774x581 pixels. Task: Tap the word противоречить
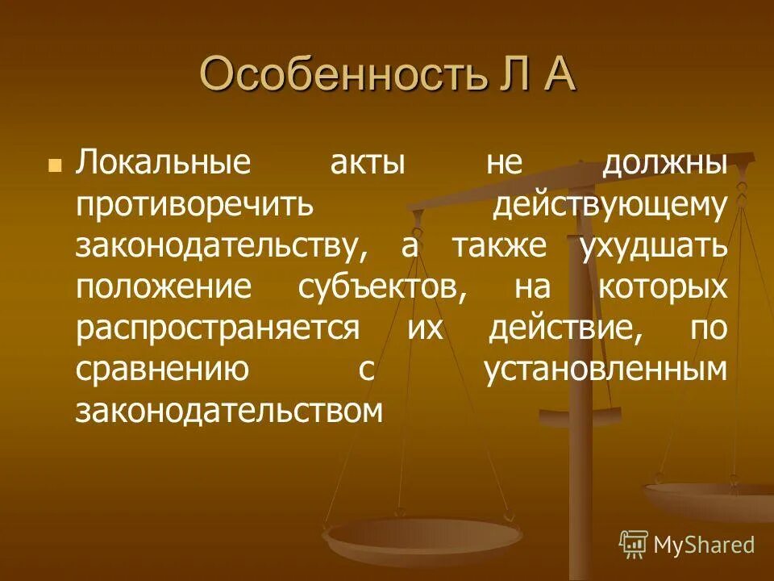click(x=194, y=205)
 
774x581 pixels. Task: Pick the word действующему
click(x=610, y=205)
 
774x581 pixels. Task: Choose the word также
click(x=497, y=245)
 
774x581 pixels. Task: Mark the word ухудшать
click(x=652, y=245)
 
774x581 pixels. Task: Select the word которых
click(x=663, y=287)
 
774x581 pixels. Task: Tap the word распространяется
click(x=217, y=329)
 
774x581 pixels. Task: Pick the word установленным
click(x=605, y=370)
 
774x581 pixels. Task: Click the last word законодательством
click(x=228, y=412)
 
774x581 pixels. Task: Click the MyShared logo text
click(x=703, y=545)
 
